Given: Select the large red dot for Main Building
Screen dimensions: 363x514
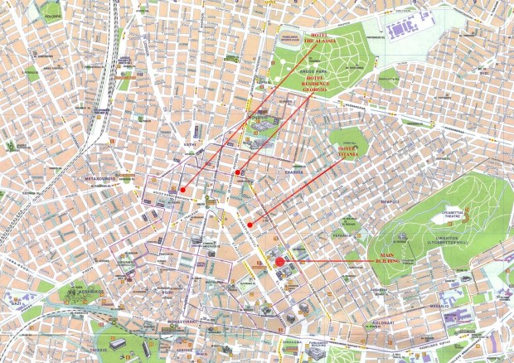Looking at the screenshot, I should [280, 262].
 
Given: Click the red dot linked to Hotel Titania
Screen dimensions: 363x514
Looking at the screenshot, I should [250, 224].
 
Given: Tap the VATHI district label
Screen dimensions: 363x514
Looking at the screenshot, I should [197, 131].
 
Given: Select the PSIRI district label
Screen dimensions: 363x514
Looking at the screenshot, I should [167, 292].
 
